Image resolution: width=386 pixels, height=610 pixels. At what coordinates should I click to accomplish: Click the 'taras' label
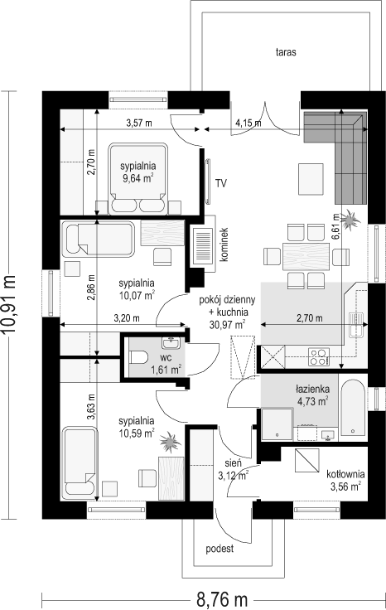[x=286, y=52]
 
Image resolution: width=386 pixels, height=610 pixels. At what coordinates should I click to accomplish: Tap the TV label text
[x=221, y=183]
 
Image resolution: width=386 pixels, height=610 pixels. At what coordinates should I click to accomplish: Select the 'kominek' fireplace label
[x=224, y=244]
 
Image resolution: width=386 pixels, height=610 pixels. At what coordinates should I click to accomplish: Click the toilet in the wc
[x=138, y=356]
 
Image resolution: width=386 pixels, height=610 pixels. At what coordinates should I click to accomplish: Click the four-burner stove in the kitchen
[x=319, y=356]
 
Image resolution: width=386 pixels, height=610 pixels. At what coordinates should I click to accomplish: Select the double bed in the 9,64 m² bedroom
[x=138, y=178]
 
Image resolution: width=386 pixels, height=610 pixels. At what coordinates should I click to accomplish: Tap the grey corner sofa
[x=342, y=150]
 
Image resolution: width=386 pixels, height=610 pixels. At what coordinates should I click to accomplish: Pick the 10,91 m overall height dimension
[x=9, y=305]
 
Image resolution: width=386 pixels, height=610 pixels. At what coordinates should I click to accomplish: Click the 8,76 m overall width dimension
[x=222, y=599]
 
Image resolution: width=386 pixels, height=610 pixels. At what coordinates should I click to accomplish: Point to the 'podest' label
[x=220, y=549]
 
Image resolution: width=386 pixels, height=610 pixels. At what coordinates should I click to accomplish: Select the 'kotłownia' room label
[x=345, y=474]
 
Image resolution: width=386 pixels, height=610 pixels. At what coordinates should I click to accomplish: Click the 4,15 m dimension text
[x=248, y=123]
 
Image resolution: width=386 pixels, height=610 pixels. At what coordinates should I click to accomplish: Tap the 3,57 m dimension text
[x=139, y=123]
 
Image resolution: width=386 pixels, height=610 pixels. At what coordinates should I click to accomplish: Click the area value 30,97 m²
[x=228, y=324]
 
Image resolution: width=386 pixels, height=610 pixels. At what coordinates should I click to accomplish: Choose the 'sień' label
[x=234, y=463]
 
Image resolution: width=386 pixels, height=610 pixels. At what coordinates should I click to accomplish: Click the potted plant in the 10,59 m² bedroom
[x=171, y=442]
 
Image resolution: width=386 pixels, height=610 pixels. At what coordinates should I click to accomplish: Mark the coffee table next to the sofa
[x=311, y=179]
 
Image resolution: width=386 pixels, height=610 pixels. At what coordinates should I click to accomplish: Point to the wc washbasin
[x=171, y=342]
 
